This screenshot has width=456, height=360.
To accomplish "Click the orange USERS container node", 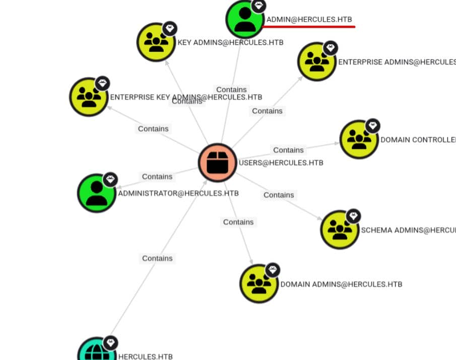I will (x=217, y=163).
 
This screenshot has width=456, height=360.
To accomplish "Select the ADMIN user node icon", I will (x=245, y=19).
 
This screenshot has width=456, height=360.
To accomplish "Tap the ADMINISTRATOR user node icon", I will (x=96, y=193).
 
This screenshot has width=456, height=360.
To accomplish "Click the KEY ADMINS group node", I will (x=156, y=42).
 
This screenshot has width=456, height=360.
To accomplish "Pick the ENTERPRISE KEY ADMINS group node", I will (x=89, y=97).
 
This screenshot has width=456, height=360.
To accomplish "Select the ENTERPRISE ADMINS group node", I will (x=316, y=62).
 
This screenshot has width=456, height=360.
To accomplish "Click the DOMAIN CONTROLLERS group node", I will (x=359, y=139).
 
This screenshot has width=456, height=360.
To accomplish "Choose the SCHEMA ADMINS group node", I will (x=340, y=230).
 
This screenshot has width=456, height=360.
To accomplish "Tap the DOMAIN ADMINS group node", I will (x=258, y=283).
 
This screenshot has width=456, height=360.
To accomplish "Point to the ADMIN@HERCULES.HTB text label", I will (x=309, y=19).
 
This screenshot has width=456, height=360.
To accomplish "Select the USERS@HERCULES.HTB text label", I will (x=281, y=163).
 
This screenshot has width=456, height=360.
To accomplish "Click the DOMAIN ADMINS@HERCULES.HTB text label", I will (x=341, y=284).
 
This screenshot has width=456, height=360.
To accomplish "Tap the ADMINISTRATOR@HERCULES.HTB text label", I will (x=178, y=193).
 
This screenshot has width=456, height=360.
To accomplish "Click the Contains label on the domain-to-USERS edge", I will (x=157, y=258).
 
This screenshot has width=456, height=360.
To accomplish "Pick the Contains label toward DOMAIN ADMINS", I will (x=238, y=222).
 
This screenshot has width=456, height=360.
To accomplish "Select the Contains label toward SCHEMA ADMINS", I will (x=279, y=195).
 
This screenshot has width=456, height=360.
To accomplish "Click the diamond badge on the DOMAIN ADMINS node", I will (x=273, y=270).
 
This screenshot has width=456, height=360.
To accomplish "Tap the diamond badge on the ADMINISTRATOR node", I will (x=110, y=179).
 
